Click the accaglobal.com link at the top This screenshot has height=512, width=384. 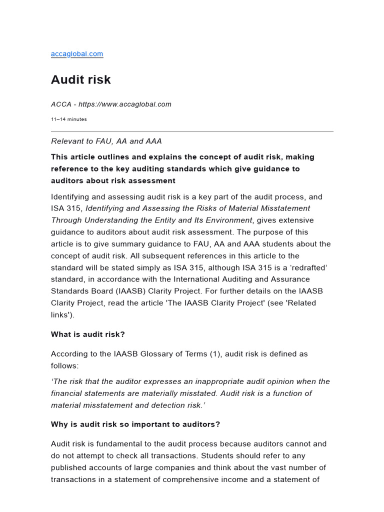pyautogui.click(x=77, y=53)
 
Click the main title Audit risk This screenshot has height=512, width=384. pyautogui.click(x=81, y=80)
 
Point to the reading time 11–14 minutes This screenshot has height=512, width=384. pyautogui.click(x=68, y=119)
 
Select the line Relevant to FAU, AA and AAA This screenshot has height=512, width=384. pyautogui.click(x=106, y=141)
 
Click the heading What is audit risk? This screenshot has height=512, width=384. pyautogui.click(x=87, y=334)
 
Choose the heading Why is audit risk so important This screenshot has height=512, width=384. pyautogui.click(x=135, y=424)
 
